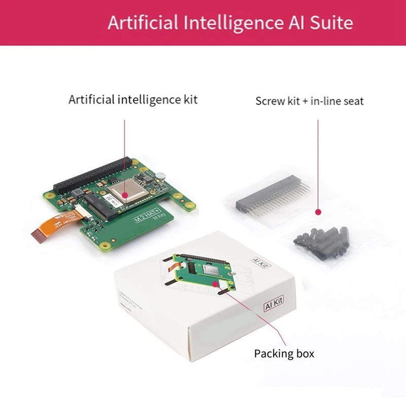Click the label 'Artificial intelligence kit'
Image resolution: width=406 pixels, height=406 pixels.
pyautogui.click(x=133, y=99)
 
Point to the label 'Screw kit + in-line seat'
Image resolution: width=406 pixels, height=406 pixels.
pyautogui.click(x=310, y=101)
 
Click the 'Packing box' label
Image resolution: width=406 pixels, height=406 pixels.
pyautogui.click(x=284, y=353)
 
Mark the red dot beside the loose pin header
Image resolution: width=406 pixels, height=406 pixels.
pyautogui.click(x=318, y=212)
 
